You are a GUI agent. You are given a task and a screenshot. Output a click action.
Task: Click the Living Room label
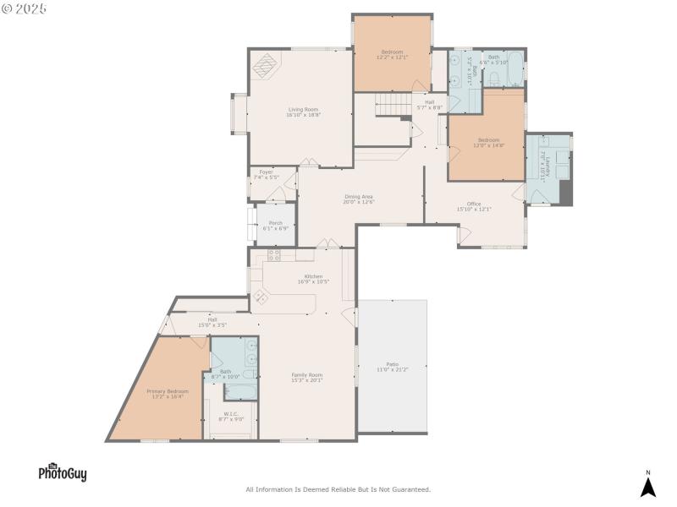pos(303,111)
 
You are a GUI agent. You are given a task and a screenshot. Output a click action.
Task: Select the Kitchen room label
pos(314,279)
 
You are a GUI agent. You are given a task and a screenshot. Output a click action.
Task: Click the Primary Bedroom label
pos(168,393)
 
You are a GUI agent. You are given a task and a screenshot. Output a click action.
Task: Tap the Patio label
pos(393,367)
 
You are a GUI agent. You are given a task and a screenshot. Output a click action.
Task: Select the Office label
pos(474,205)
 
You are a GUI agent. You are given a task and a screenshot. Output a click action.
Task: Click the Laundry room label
pos(548,165)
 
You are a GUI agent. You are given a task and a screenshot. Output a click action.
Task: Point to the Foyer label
pos(266,174)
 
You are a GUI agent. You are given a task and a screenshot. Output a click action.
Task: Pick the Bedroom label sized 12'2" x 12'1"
pos(392,54)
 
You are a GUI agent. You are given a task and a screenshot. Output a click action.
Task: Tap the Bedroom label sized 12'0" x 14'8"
pos(488,142)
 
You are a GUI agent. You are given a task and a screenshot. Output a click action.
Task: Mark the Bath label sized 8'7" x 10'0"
pos(226,373)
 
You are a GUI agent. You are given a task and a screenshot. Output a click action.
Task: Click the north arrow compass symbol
pos(648,486)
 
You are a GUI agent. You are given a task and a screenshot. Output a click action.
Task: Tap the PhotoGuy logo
pos(62,473)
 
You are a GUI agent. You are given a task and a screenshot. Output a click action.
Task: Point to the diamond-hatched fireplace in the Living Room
pos(267,65)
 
